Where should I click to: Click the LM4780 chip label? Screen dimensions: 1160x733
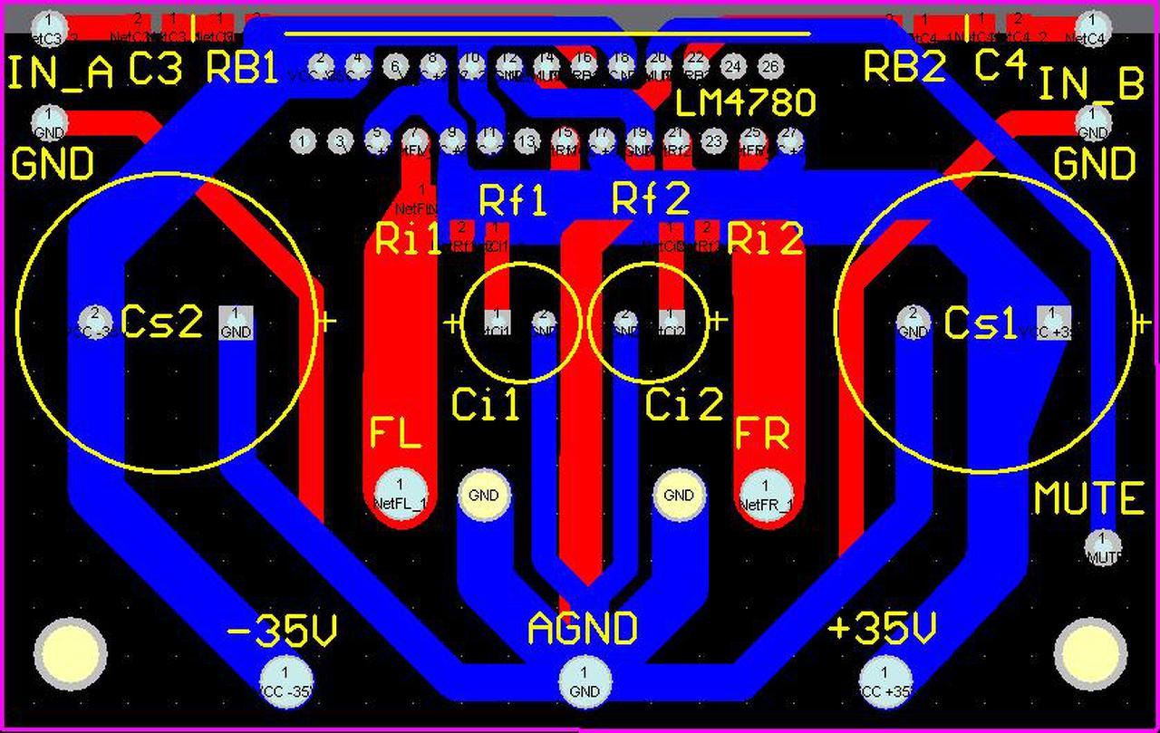coord(746,104)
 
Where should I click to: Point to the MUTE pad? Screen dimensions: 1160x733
coord(1102,546)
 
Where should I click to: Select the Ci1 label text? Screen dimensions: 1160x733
coord(486,405)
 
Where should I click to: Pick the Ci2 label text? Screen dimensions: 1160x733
coord(684,405)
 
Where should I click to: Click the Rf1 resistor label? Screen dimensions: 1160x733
coord(513,199)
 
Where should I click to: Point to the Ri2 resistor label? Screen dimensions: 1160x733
coord(766,240)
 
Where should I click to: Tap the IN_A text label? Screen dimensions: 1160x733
coord(62,74)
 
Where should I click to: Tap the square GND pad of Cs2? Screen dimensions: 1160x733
coord(236,322)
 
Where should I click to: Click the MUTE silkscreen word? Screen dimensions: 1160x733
coord(1089,499)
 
